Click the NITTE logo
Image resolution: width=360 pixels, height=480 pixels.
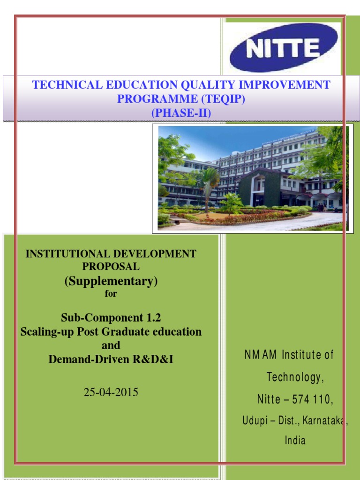[x=284, y=47]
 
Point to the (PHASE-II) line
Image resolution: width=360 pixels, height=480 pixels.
[x=181, y=113]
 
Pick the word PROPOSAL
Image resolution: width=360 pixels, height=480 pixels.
[x=111, y=266]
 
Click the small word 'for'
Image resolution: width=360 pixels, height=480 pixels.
[x=111, y=294]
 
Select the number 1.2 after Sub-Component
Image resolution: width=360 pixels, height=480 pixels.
[x=152, y=318]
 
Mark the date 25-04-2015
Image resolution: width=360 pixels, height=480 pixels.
[x=111, y=392]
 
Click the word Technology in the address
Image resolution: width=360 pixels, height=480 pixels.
[x=294, y=377]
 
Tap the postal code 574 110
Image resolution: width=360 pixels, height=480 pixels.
[x=312, y=399]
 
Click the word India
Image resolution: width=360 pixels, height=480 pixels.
[x=295, y=440]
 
